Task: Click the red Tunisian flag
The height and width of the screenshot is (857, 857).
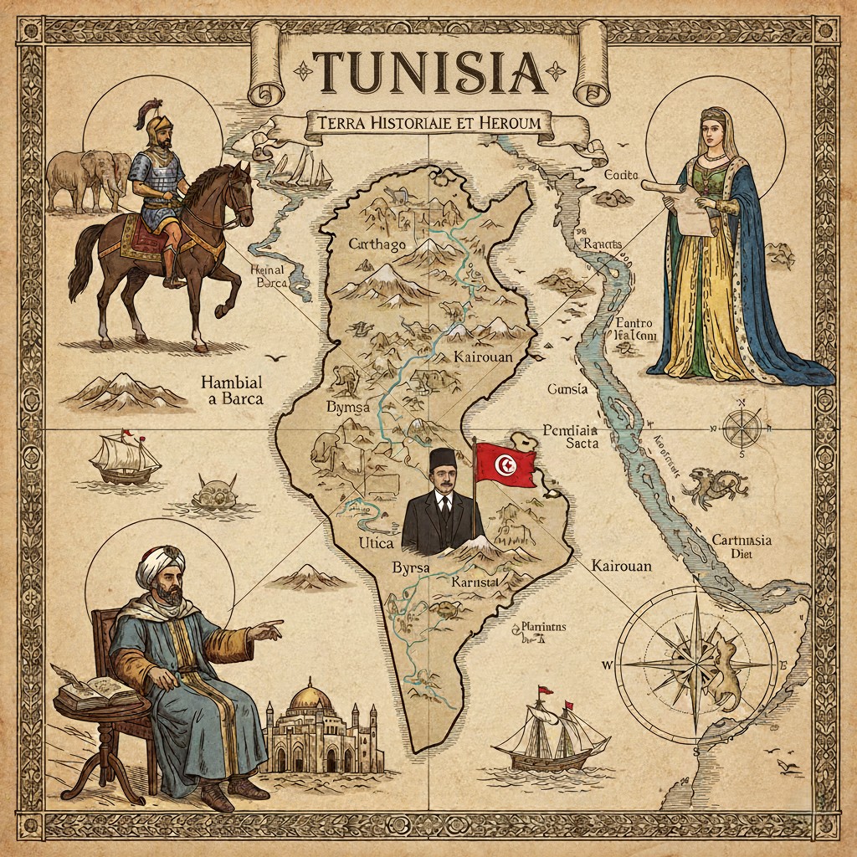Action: (505, 464)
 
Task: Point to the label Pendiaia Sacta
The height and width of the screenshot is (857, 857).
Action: (571, 436)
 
